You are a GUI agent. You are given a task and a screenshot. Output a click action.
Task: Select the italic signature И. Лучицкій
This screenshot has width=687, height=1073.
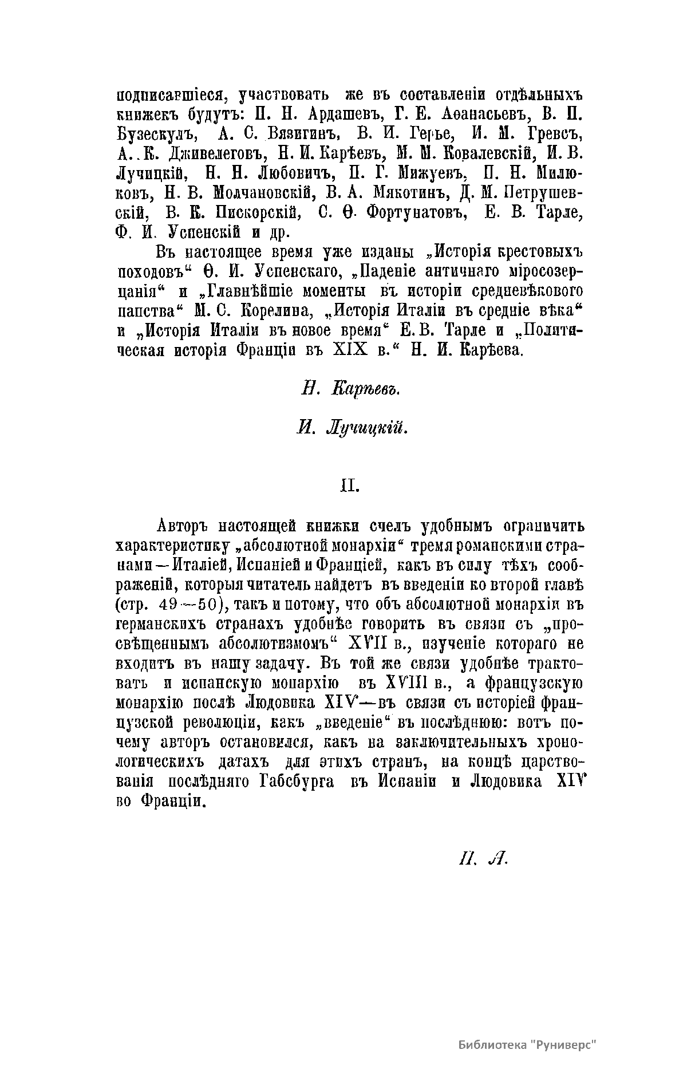tap(352, 427)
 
